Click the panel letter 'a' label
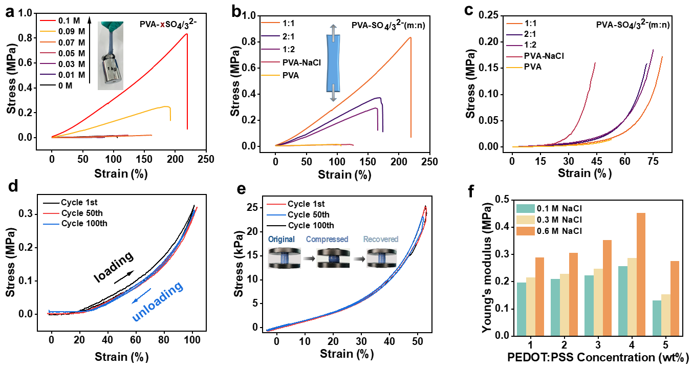point(10,12)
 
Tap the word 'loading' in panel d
point(114,267)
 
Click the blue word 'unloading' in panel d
point(158,302)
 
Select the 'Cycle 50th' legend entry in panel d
point(83,214)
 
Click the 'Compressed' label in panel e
point(328,239)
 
